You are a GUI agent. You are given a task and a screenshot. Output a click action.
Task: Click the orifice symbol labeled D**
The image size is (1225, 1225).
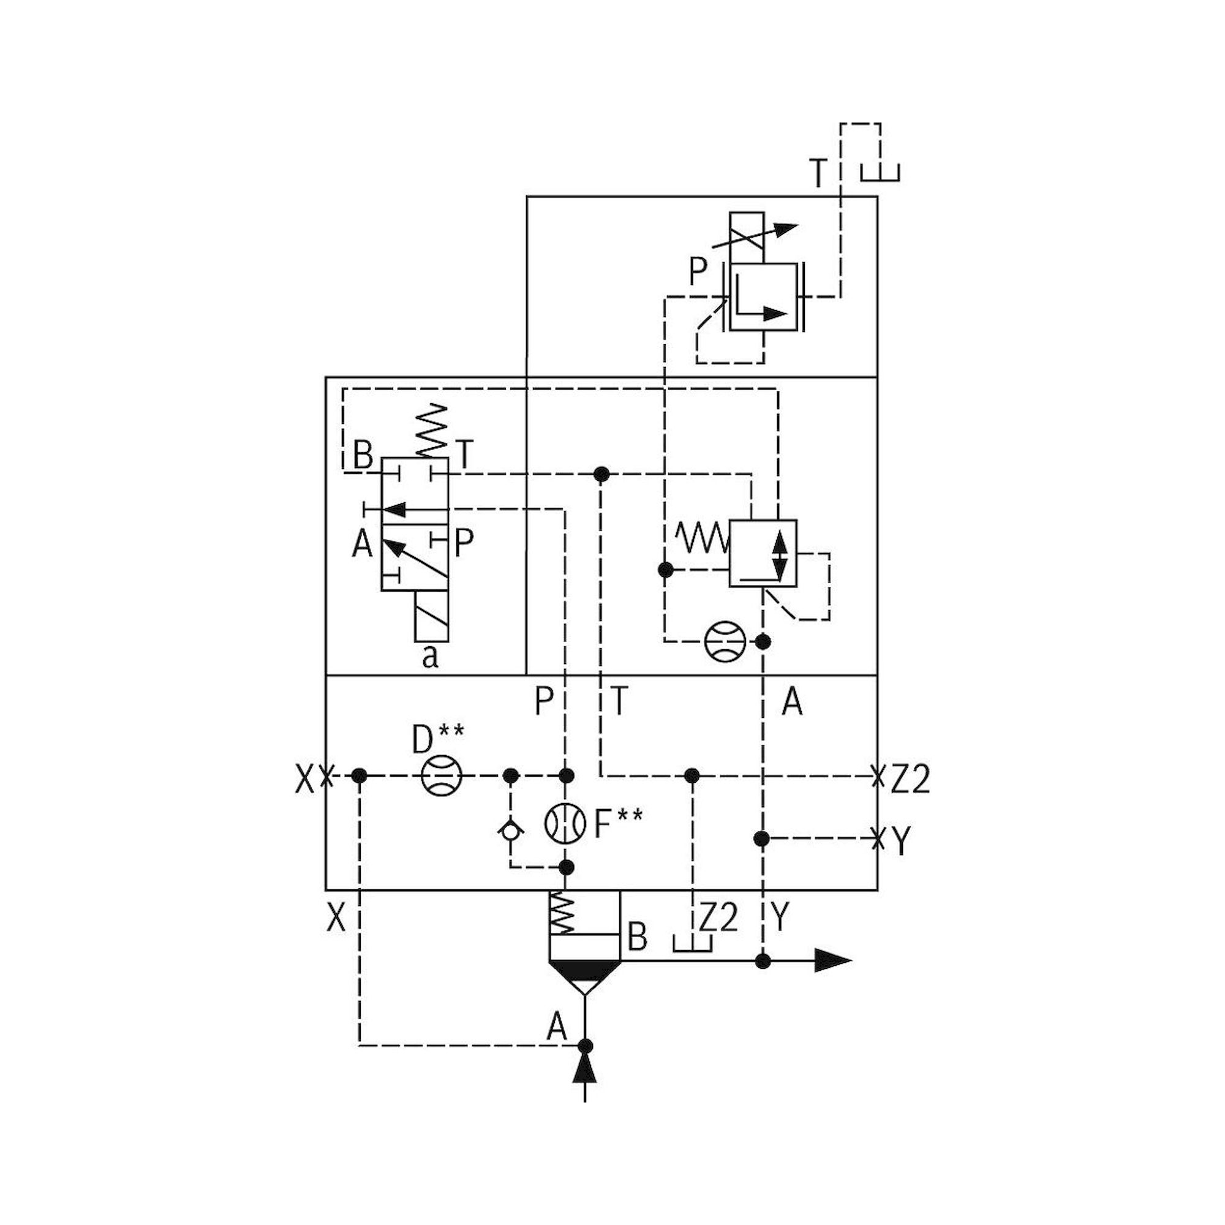pyautogui.click(x=441, y=775)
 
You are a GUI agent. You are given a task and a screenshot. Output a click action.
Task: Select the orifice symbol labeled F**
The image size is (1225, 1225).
pyautogui.click(x=565, y=824)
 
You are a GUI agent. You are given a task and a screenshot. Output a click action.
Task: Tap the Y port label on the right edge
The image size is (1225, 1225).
pyautogui.click(x=900, y=842)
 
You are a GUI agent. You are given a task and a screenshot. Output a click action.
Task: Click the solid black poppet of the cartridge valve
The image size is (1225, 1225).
pyautogui.click(x=584, y=970)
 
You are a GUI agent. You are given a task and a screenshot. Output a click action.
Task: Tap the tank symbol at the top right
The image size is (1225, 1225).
pyautogui.click(x=880, y=173)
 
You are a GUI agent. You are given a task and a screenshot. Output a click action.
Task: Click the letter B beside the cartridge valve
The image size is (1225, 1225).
pyautogui.click(x=636, y=937)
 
